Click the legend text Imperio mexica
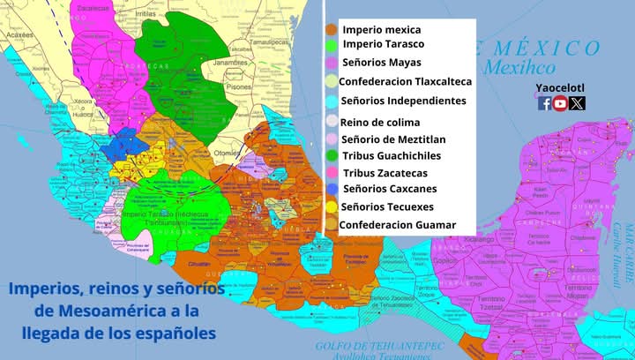(382, 29)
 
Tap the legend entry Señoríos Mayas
(381, 62)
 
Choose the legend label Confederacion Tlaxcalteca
(406, 81)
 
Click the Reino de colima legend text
(380, 122)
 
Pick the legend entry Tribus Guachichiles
(392, 155)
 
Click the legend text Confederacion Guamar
(399, 225)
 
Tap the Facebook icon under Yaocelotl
(544, 103)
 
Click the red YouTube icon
(560, 103)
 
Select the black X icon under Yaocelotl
(577, 103)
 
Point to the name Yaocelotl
(560, 88)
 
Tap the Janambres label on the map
(228, 64)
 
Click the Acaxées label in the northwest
(17, 35)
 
